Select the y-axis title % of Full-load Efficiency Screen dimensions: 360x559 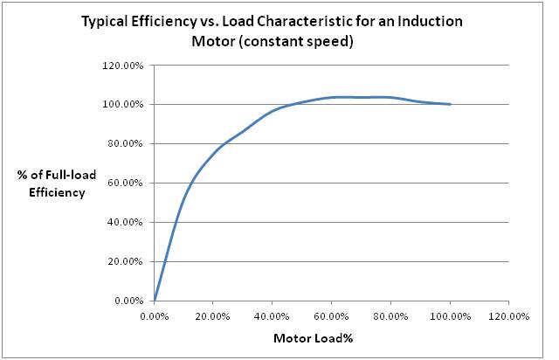point(52,183)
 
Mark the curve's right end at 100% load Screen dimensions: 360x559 point(450,104)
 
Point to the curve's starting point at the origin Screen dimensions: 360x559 point(155,301)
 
